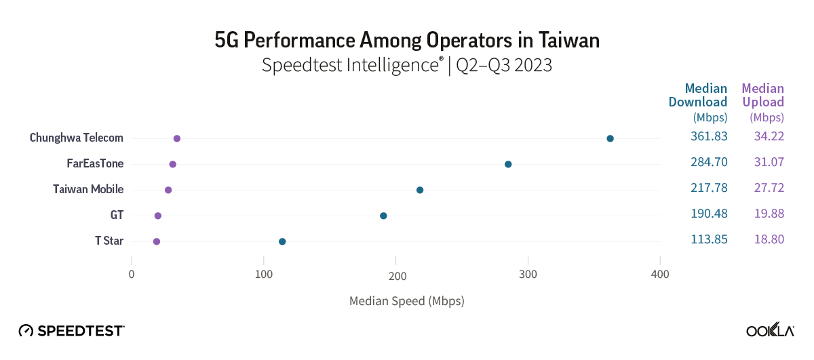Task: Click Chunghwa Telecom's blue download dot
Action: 610,138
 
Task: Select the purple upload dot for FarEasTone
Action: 172,164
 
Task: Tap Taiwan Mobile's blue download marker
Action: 419,190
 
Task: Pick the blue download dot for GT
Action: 383,216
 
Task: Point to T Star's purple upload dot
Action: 157,241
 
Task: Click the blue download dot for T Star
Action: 282,241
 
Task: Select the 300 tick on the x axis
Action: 528,275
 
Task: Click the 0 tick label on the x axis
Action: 132,275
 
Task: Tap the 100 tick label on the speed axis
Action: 263,275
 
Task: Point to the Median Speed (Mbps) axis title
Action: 406,300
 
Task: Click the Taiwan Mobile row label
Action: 88,189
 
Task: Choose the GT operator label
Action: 117,215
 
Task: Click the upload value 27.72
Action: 769,189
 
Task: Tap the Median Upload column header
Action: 762,96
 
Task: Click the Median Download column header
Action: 699,96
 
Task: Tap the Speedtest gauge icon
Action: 26,331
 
